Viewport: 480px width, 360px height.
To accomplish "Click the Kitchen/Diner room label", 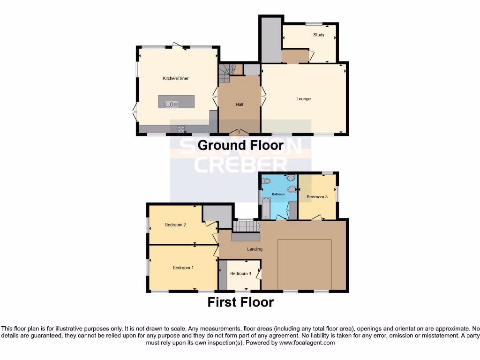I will [175, 78].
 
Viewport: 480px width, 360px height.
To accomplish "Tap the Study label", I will [319, 35].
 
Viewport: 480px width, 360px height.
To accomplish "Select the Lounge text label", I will [303, 99].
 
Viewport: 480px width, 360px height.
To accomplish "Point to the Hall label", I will [239, 104].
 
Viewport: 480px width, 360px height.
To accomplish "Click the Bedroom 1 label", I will [183, 268].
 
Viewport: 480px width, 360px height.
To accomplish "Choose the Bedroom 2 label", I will [175, 225].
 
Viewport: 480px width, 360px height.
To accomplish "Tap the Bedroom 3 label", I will [317, 197].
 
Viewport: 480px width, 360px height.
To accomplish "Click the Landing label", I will [255, 249].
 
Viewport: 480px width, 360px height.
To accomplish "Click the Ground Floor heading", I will [240, 145].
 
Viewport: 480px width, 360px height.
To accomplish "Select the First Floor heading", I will [240, 302].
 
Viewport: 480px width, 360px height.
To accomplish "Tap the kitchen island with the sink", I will [176, 102].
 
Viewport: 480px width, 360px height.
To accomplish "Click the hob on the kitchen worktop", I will [180, 129].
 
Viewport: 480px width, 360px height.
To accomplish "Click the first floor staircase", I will [247, 226].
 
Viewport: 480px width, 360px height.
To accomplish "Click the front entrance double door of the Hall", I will [239, 132].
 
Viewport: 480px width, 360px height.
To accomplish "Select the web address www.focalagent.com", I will [307, 343].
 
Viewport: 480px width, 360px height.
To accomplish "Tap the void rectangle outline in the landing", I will [305, 265].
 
